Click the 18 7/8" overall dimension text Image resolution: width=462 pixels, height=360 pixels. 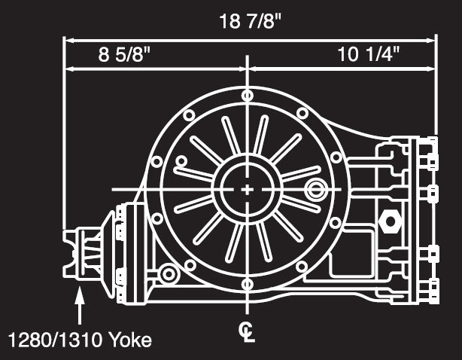coord(251,20)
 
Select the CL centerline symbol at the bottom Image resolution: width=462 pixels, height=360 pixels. coord(247,331)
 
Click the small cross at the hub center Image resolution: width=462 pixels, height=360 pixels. coord(248,190)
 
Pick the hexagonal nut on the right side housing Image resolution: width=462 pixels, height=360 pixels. coord(391,222)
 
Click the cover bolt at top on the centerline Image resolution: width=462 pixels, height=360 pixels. coord(248,96)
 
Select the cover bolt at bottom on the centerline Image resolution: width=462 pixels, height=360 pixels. coord(248,284)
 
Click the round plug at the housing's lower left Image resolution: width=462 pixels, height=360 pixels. coord(169,273)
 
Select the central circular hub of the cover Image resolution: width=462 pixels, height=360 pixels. coord(248,190)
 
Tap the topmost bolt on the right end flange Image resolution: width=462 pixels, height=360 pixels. coord(431,143)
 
